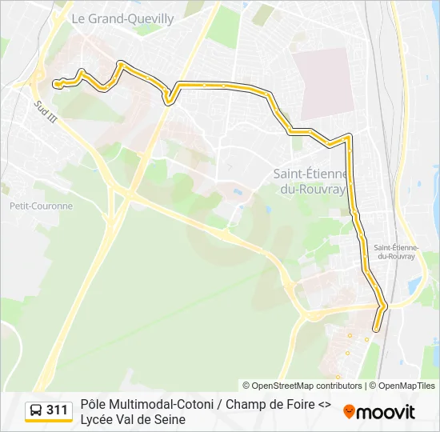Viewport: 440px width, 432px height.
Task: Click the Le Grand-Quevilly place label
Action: (122, 18)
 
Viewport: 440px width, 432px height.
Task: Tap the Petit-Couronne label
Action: (41, 206)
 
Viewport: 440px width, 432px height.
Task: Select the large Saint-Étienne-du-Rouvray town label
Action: (310, 181)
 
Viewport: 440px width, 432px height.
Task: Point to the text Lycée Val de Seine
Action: (133, 419)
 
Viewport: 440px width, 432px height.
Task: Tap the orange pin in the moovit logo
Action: (349, 412)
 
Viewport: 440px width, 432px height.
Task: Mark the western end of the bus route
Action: (55, 83)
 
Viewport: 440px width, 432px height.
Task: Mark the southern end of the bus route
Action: (376, 328)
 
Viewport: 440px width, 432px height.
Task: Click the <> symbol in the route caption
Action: (324, 404)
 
